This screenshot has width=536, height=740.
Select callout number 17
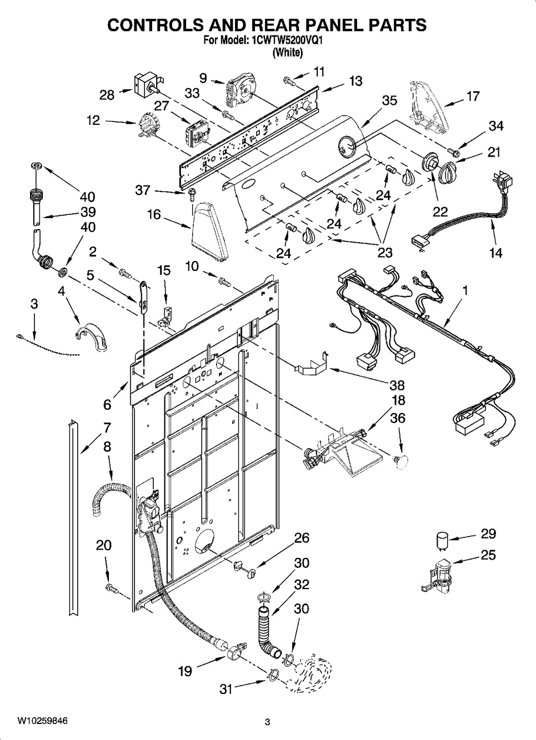[x=472, y=97]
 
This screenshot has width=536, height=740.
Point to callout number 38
[x=397, y=385]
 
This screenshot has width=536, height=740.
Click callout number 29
[x=488, y=534]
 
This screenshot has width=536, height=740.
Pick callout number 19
[x=185, y=671]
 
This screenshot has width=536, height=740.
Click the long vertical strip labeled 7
[x=73, y=516]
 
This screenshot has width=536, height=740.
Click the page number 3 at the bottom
[x=267, y=722]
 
